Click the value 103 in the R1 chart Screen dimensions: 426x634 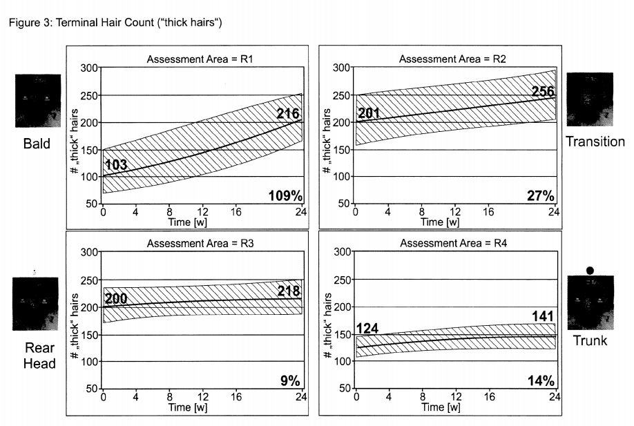tap(117, 165)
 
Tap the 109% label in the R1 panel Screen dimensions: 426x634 tap(285, 195)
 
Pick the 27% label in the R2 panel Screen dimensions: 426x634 tap(541, 195)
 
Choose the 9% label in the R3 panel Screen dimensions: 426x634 tap(290, 380)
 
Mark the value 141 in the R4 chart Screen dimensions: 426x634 tap(542, 316)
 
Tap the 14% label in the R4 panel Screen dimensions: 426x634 tap(541, 380)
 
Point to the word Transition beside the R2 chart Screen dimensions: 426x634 tap(595, 142)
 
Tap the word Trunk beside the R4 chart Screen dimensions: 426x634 tap(590, 340)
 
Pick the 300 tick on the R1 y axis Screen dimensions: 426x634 tap(89, 68)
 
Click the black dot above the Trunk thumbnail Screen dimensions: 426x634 tap(589, 270)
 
